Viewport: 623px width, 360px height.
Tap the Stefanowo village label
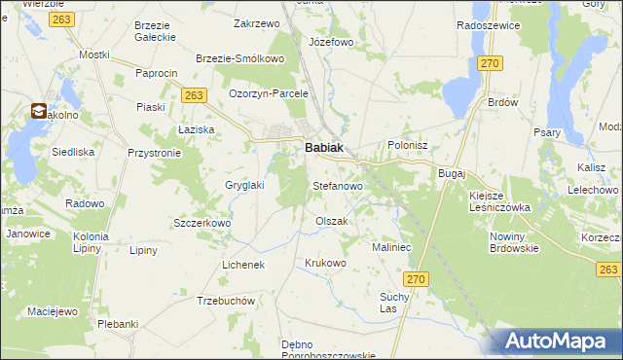tap(337, 185)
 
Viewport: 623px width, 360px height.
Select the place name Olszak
tap(331, 222)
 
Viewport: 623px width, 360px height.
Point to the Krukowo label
tap(325, 264)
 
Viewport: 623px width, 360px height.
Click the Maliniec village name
tap(393, 248)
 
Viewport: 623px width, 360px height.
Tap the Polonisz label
tap(408, 145)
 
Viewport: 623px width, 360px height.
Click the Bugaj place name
tap(453, 172)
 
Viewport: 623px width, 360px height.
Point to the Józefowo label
tap(331, 43)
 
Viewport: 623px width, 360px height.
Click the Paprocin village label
tap(157, 74)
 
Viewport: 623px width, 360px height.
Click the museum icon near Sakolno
tap(40, 112)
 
